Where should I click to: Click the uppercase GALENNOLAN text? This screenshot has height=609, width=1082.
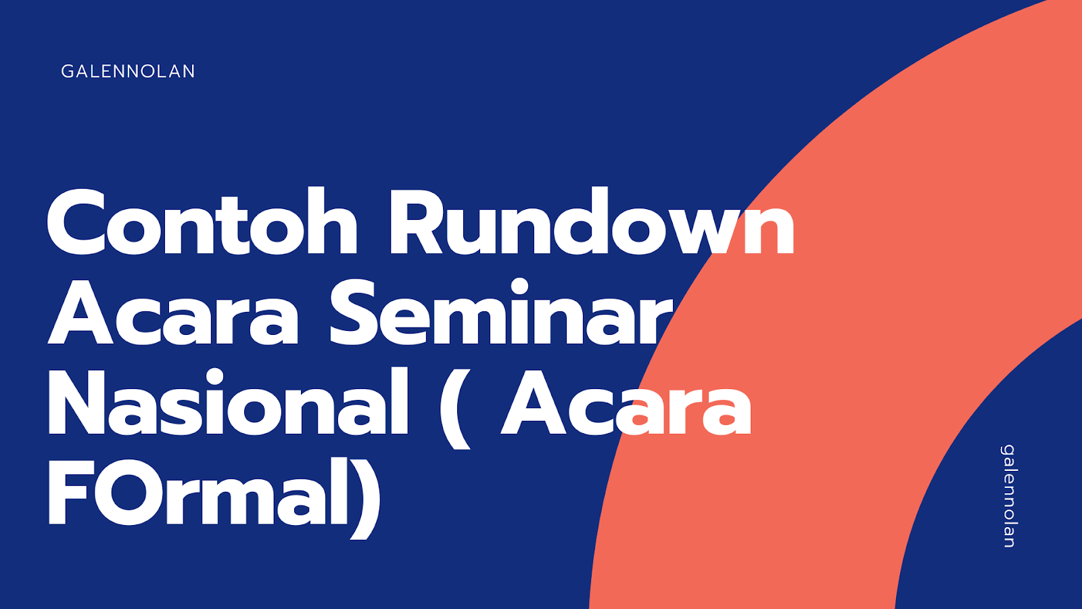[x=128, y=71]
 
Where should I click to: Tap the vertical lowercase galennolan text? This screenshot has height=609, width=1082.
[x=1008, y=496]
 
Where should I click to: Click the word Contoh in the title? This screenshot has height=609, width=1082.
[x=202, y=223]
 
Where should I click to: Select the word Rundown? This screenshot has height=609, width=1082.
[x=591, y=223]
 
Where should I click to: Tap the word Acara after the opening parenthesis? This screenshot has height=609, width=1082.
[x=626, y=405]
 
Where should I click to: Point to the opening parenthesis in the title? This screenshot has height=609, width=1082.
[x=454, y=406]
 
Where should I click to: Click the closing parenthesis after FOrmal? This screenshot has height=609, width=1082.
[x=366, y=497]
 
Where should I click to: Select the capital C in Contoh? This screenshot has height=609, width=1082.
[x=80, y=223]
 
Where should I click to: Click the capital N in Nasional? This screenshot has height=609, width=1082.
[x=77, y=403]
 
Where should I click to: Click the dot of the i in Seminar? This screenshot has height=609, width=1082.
[x=519, y=288]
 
